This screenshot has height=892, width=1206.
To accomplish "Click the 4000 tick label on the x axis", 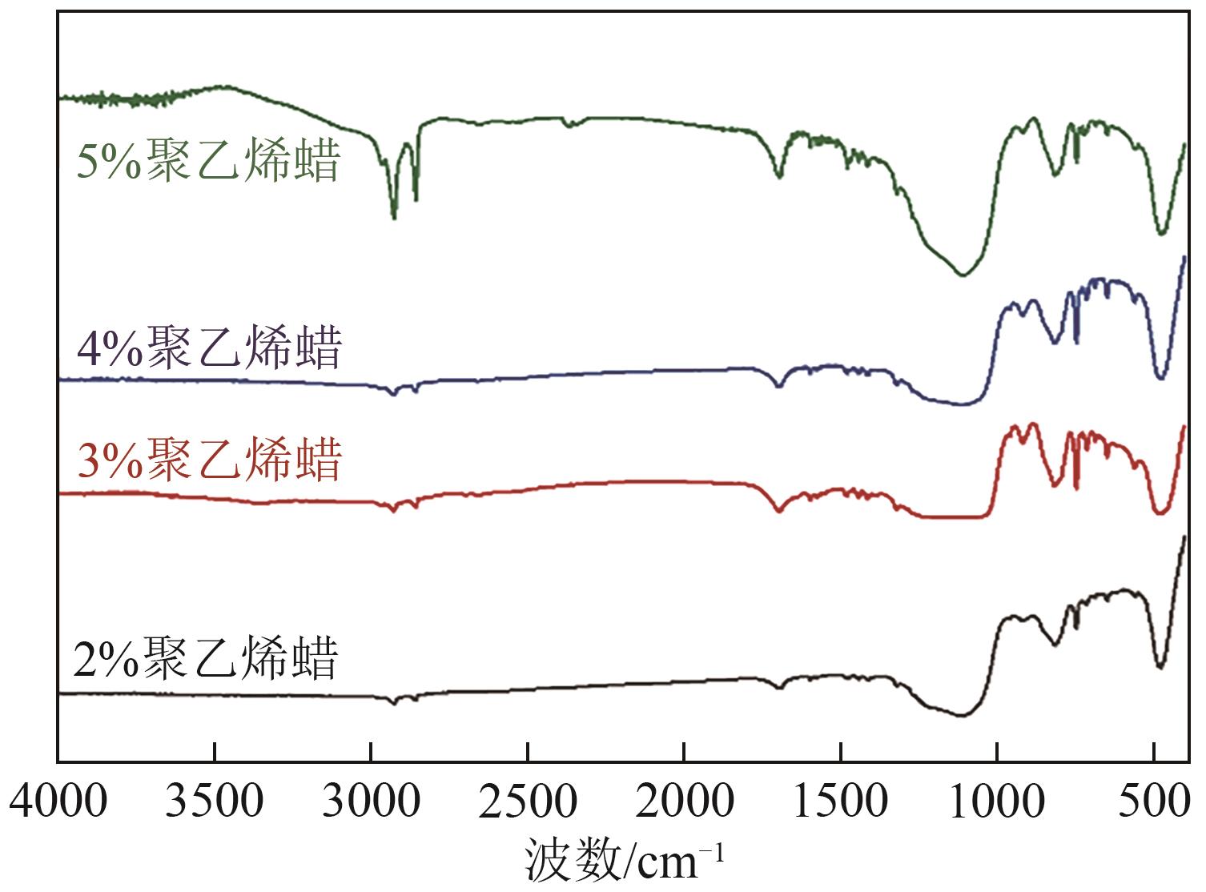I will coord(59,801).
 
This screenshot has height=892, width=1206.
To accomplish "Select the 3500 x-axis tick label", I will coord(214,801).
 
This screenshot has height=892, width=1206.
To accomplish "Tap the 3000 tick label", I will coord(370,801).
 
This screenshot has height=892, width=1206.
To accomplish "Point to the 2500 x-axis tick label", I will coord(527,801).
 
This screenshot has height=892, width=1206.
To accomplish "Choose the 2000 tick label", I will coord(684,801).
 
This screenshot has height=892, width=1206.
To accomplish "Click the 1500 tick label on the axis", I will coord(840,801).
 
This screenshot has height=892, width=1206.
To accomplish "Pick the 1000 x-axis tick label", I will coord(996,801).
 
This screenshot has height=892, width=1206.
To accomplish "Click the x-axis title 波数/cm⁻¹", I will coord(625,861).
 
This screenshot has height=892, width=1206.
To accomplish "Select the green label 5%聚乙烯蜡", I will coord(208,160).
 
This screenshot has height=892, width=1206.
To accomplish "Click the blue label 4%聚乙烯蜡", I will coord(210,348).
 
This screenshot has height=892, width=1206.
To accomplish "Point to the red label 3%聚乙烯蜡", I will coord(210,460).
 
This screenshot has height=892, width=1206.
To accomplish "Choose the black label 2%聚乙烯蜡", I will coord(207,658).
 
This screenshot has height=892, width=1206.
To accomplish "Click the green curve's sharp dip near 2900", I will coord(393,216).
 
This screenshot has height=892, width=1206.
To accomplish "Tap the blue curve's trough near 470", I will coord(1161,378).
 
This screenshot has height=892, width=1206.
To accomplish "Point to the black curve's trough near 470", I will coord(1160,667).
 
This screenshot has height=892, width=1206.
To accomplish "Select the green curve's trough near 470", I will coord(1162,233).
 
